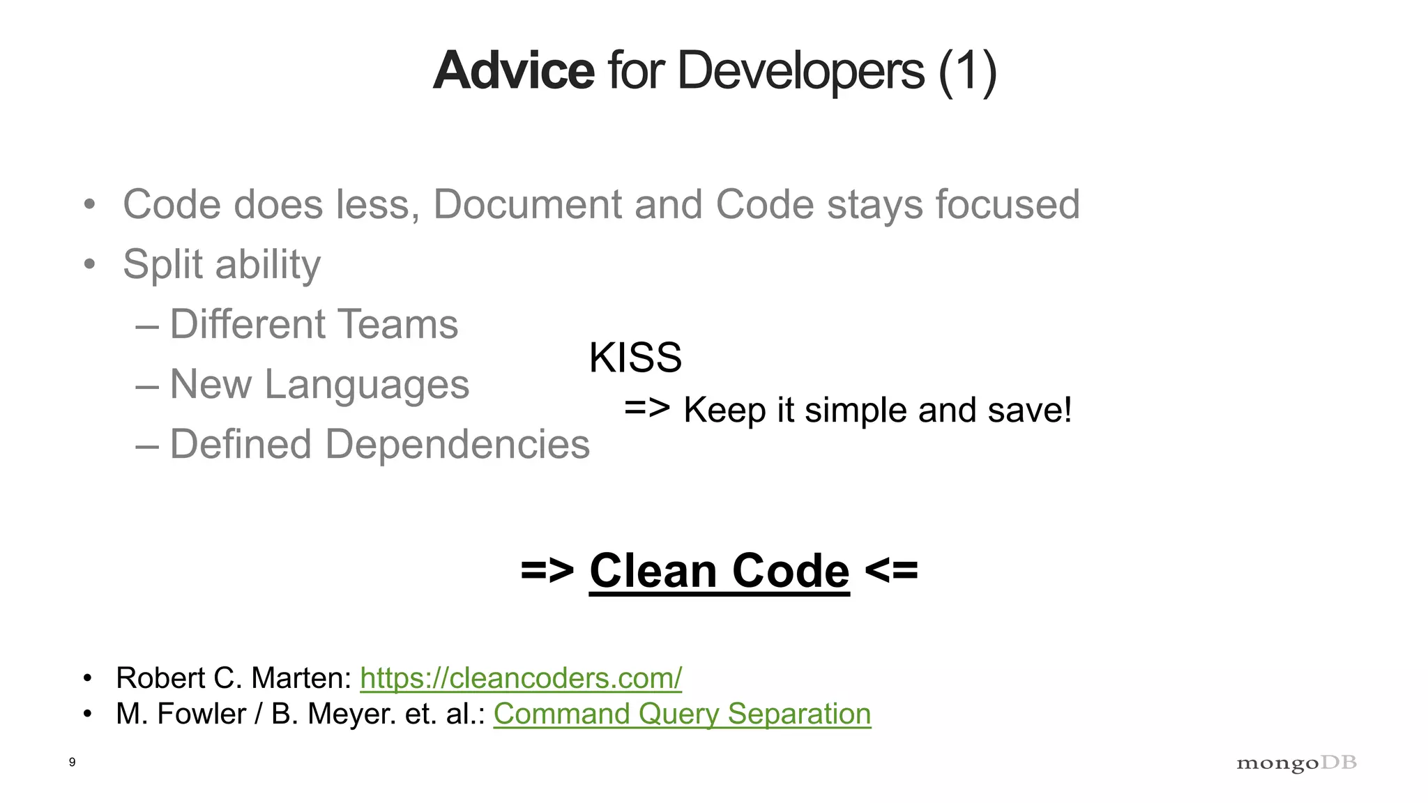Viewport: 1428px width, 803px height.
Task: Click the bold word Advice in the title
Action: (513, 71)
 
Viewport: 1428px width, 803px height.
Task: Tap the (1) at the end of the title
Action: (967, 71)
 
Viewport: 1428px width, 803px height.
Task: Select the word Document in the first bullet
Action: (527, 204)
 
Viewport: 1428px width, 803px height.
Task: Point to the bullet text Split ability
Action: (222, 265)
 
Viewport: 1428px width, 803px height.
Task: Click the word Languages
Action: (367, 384)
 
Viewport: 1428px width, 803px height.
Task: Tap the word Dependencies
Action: (457, 444)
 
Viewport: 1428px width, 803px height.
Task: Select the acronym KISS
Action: (635, 358)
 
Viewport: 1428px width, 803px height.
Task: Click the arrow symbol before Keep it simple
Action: (647, 408)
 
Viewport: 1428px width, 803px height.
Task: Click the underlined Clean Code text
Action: (719, 571)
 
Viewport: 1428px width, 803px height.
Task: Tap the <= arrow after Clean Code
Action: (892, 571)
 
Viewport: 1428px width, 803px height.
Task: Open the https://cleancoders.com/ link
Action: (521, 678)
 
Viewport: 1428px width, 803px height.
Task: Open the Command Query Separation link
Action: (682, 714)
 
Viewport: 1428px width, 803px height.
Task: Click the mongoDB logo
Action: (1296, 763)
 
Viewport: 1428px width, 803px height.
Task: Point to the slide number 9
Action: (72, 762)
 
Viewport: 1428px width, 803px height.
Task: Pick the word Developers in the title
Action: (800, 71)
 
